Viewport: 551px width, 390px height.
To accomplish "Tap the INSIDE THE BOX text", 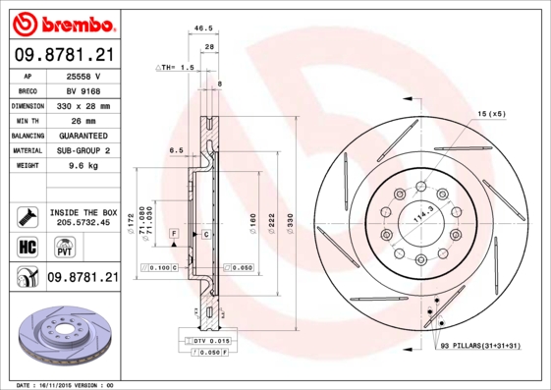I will coord(83,212).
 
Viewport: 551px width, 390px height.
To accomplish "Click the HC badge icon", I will coord(27,245).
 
